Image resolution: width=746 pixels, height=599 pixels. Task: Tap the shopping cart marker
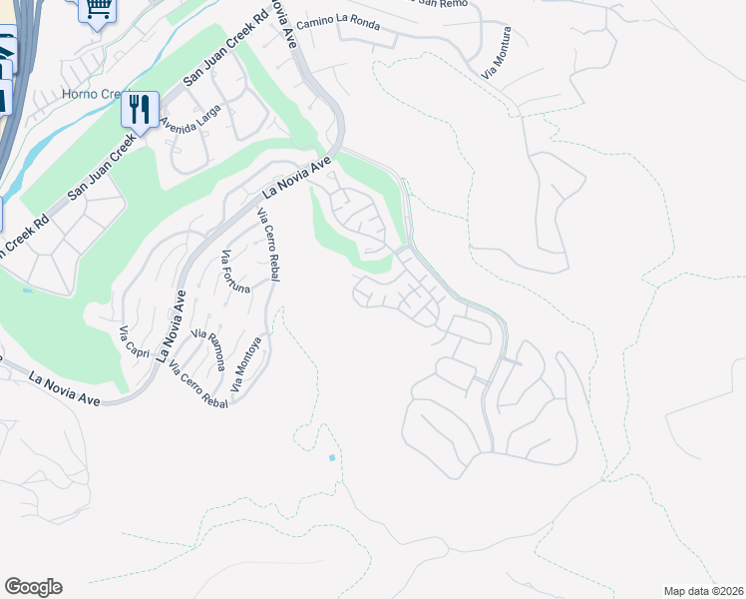[97, 10]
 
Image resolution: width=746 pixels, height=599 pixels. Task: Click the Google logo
[33, 587]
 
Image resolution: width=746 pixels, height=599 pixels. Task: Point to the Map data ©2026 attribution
[703, 591]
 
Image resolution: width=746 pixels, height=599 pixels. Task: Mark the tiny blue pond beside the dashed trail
[331, 457]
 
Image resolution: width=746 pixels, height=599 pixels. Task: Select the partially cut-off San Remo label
[439, 3]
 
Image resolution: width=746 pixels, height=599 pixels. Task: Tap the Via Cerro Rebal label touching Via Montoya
[198, 385]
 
